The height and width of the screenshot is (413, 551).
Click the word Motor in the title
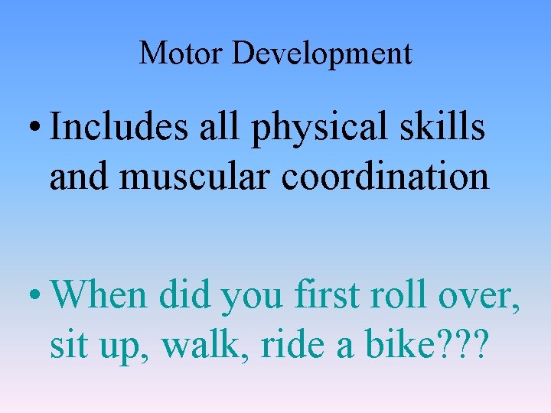pyautogui.click(x=181, y=54)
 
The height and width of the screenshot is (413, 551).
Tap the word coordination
pyautogui.click(x=386, y=176)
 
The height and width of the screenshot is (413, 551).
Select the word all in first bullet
pyautogui.click(x=224, y=128)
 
